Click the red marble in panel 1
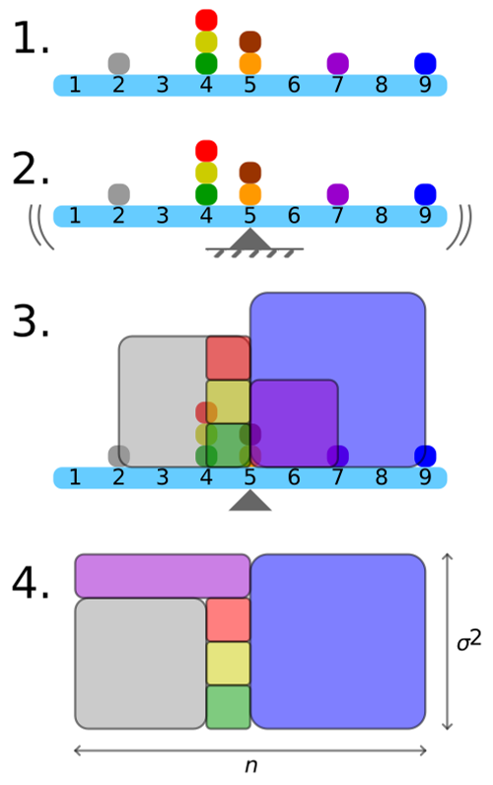(x=206, y=20)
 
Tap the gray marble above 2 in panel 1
(x=118, y=63)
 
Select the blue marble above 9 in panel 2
(x=425, y=193)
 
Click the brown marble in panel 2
(x=249, y=173)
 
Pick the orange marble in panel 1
(x=249, y=63)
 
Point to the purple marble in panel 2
(x=337, y=193)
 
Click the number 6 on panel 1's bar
(x=294, y=86)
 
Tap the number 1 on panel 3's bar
(x=75, y=478)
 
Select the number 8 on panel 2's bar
(x=382, y=215)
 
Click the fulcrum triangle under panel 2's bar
(x=250, y=240)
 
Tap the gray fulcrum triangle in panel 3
(x=250, y=500)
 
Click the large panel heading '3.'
(x=31, y=321)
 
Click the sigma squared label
(x=468, y=642)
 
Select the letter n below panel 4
(x=250, y=766)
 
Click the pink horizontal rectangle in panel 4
(x=163, y=575)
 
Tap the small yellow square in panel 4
(x=228, y=663)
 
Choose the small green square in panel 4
(x=228, y=707)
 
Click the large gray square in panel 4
(x=140, y=663)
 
